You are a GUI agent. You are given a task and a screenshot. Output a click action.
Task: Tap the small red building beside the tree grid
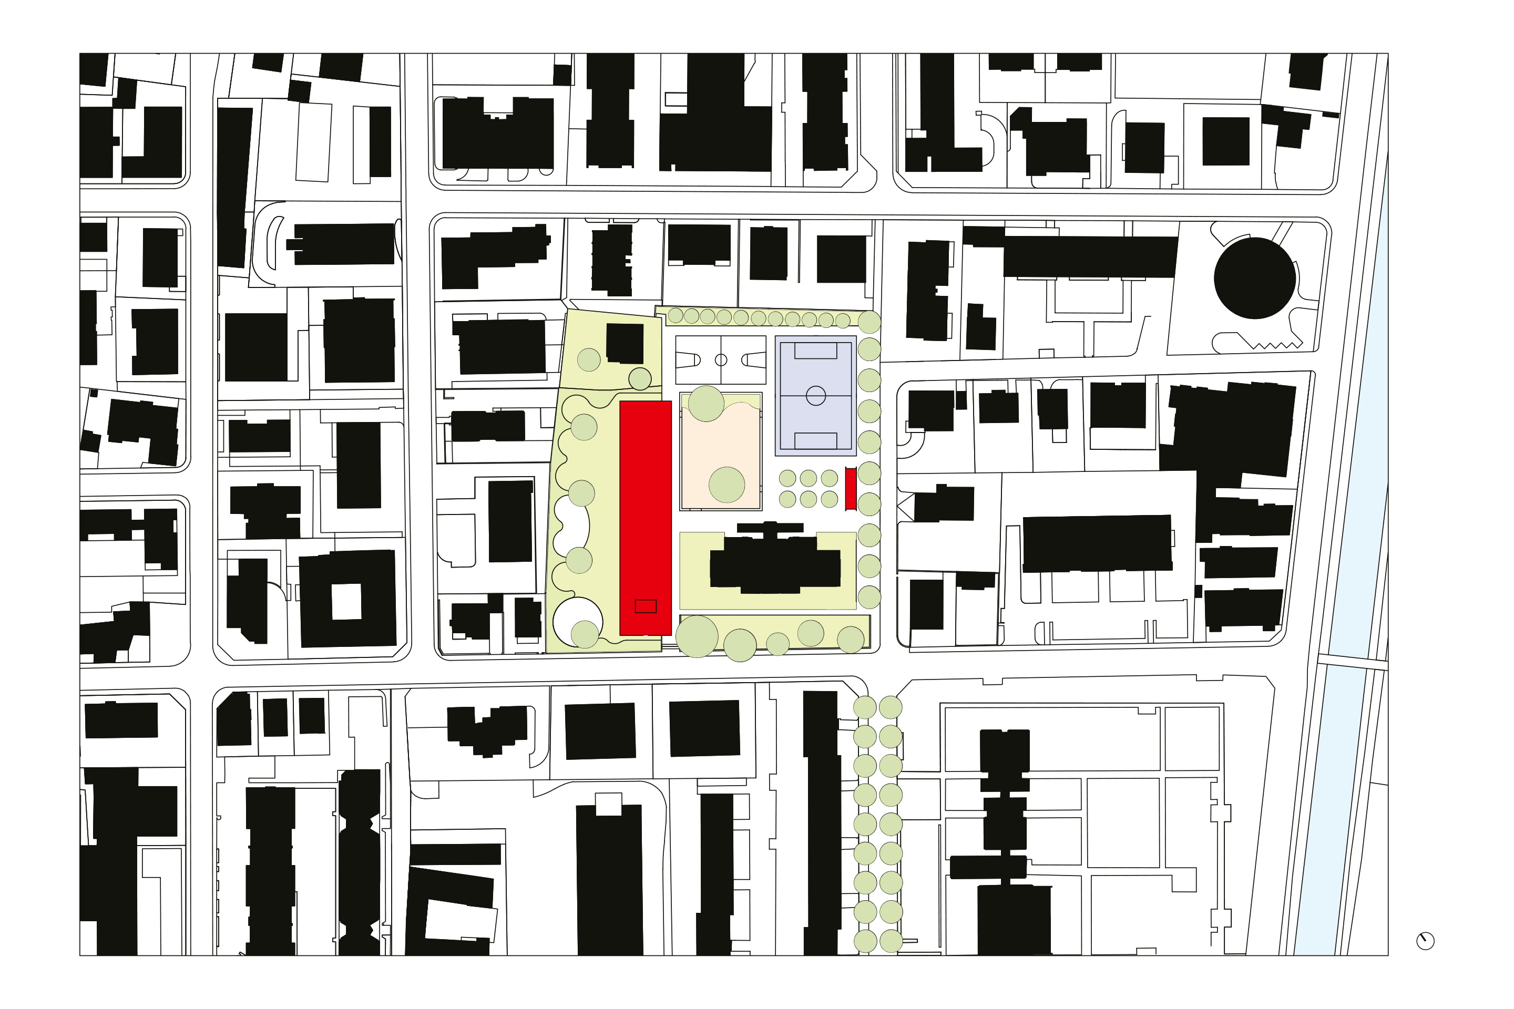point(851,489)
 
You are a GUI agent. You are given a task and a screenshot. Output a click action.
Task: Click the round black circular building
point(1255,278)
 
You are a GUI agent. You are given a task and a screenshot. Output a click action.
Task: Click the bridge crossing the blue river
point(1352,662)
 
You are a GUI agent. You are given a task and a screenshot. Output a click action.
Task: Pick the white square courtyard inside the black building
point(346,602)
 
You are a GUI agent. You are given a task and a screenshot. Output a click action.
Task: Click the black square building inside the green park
point(625,344)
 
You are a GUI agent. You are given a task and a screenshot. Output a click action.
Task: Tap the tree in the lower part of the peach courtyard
point(727,485)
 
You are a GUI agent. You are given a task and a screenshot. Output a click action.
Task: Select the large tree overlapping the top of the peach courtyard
point(706,404)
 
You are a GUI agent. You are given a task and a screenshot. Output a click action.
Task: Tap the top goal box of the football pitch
point(815,351)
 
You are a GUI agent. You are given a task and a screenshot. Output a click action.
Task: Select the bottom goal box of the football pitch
point(815,440)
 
